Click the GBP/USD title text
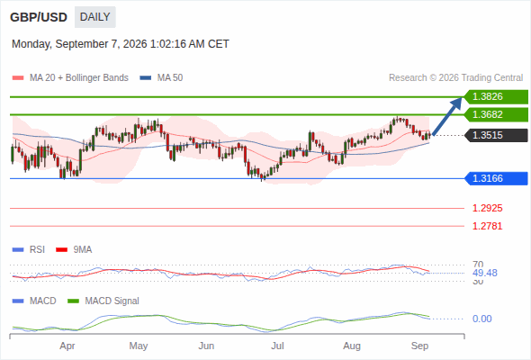coord(39,17)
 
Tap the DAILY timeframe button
coord(95,17)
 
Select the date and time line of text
coord(121,44)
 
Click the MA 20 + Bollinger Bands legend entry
coord(70,78)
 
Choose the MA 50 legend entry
coord(161,78)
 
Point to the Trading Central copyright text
coord(455,78)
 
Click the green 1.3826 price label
coord(496,97)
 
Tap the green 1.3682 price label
coord(496,114)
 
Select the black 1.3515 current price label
coord(496,135)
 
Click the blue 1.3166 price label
coord(496,178)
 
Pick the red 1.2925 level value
coord(487,208)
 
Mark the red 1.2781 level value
coord(487,226)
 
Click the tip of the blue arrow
coord(462,97)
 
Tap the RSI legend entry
coord(29,249)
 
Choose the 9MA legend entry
coord(74,249)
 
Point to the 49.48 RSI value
coord(485,273)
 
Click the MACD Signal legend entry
coord(103,301)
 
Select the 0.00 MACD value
coord(482,319)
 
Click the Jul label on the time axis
coord(277,346)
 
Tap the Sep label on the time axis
coord(419,346)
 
